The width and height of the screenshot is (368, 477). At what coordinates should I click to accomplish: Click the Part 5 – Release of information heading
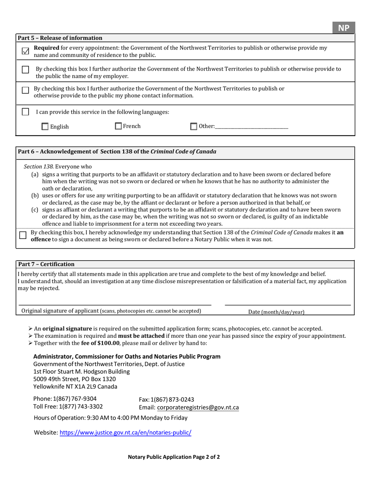[60, 38]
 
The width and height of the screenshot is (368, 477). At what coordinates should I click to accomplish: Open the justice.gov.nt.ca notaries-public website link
[125, 432]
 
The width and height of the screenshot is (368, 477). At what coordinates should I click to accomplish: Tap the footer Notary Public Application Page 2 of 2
[174, 457]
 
